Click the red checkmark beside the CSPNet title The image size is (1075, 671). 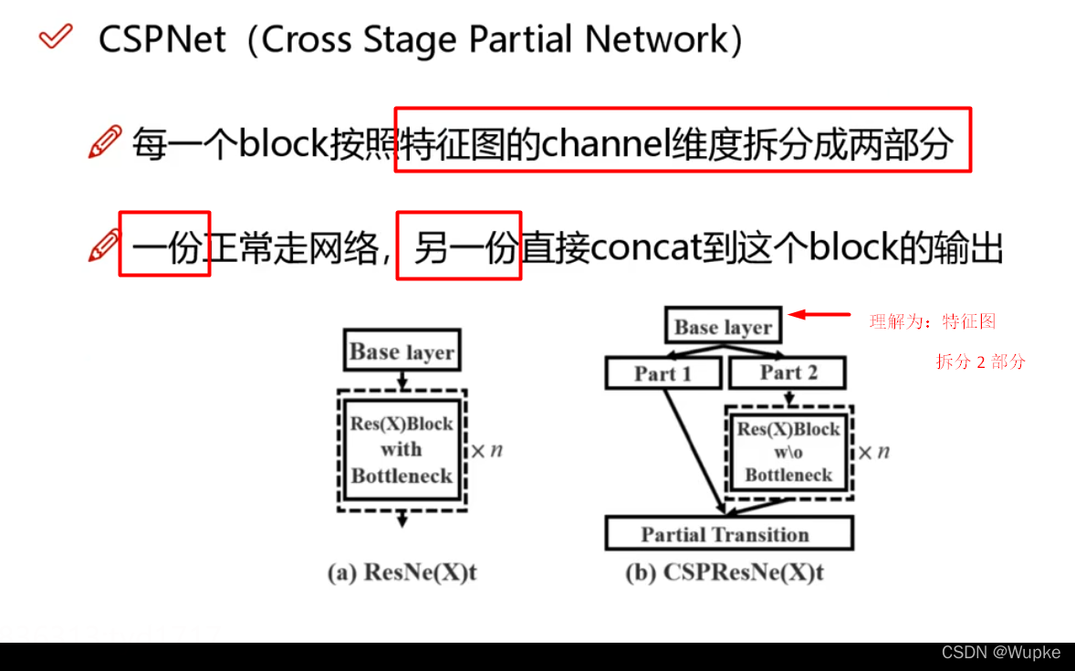click(56, 37)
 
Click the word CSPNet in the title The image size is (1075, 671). click(162, 40)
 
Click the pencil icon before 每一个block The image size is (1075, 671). click(105, 143)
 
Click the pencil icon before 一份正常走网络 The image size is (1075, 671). click(105, 246)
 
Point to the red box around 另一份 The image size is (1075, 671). click(459, 246)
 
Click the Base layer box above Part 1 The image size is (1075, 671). click(723, 327)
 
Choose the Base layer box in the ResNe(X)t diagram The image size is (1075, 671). click(402, 351)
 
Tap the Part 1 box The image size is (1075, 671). click(663, 372)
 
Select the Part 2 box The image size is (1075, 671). click(788, 372)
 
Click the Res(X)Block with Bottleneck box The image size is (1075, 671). click(402, 450)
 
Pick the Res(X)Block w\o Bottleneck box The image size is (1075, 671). click(788, 451)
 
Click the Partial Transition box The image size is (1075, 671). click(728, 534)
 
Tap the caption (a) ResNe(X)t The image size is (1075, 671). click(402, 573)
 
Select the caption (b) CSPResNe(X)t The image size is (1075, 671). click(725, 573)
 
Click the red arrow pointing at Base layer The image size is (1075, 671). click(819, 315)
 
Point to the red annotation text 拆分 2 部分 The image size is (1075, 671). click(980, 362)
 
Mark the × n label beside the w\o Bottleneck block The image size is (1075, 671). click(873, 452)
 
